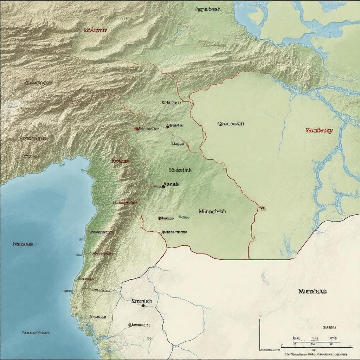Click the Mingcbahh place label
212,212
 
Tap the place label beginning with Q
231,124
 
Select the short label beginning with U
178,143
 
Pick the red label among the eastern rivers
319,130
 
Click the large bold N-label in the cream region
313,291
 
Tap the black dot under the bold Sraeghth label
143,306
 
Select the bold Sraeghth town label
141,301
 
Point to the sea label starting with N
23,244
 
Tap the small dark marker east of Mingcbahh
262,208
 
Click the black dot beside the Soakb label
163,187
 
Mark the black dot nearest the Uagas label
168,126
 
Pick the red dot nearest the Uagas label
136,129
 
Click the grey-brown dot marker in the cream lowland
130,325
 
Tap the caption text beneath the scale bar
319,355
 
